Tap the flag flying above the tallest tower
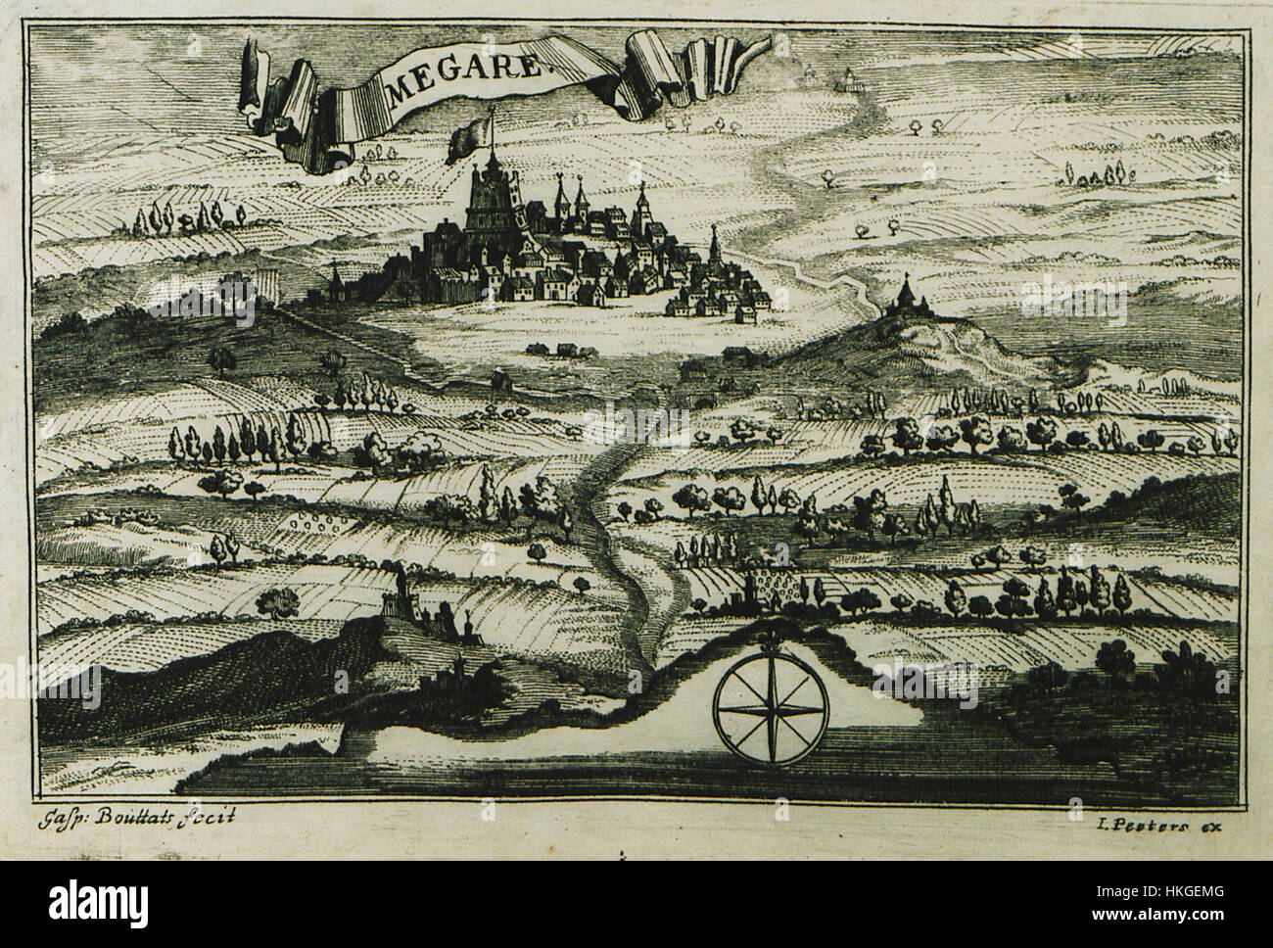point(468,137)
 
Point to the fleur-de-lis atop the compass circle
point(770,642)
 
